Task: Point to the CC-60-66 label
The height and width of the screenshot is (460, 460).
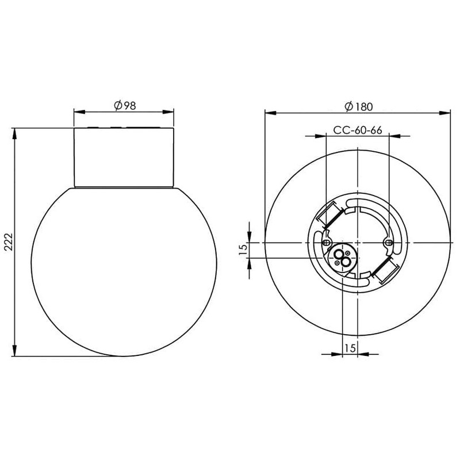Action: [358, 130]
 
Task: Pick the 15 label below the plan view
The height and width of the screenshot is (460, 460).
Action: [350, 347]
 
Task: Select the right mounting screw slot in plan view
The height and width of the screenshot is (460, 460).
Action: [389, 244]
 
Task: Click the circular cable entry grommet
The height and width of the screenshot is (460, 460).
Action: [343, 257]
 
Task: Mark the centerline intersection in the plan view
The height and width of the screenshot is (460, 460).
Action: [358, 243]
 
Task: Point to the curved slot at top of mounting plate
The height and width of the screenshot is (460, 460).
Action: [358, 205]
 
